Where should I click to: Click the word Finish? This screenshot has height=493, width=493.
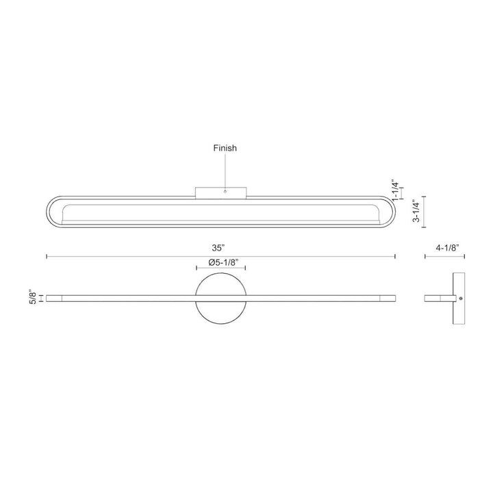[x=225, y=148]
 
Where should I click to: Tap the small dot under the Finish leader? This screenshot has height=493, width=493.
[x=225, y=192]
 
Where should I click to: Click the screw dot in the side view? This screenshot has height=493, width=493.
[x=462, y=299]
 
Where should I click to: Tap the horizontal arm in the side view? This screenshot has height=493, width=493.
[x=438, y=299]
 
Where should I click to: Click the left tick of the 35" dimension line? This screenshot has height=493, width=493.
[x=47, y=257]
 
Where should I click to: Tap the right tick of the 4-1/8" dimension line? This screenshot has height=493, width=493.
[x=465, y=257]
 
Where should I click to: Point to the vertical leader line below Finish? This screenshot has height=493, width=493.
[x=225, y=171]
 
